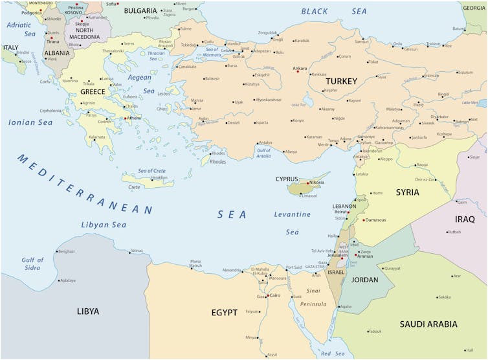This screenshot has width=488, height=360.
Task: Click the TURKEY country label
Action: pyautogui.click(x=341, y=81)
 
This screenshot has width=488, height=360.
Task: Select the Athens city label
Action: pyautogui.click(x=134, y=118)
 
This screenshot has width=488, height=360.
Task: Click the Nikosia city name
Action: pyautogui.click(x=316, y=183)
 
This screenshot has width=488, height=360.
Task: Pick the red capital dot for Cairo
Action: pyautogui.click(x=267, y=296)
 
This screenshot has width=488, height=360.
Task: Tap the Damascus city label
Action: pyautogui.click(x=375, y=220)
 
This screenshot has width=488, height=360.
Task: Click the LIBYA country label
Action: pyautogui.click(x=88, y=311)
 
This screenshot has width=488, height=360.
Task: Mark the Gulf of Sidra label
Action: pyautogui.click(x=32, y=264)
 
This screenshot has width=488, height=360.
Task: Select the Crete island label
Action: pyautogui.click(x=134, y=187)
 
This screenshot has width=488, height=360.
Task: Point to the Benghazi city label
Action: pyautogui.click(x=67, y=251)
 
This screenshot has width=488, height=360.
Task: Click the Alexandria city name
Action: pyautogui.click(x=232, y=270)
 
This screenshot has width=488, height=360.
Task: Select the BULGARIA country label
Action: pyautogui.click(x=140, y=11)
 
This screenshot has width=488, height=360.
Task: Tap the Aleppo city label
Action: pyautogui.click(x=386, y=159)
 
